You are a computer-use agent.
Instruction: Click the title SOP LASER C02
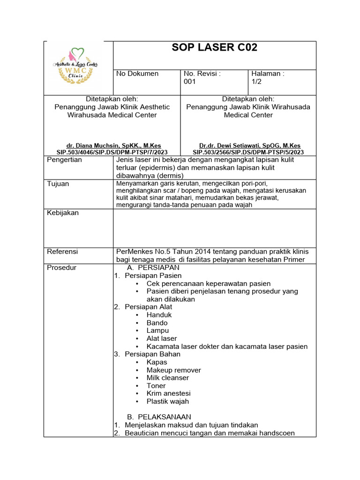point(215,48)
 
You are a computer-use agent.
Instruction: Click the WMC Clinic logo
point(76,67)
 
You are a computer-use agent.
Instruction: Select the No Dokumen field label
point(137,74)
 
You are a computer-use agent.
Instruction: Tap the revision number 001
point(190,82)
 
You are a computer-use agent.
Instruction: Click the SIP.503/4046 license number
point(112,152)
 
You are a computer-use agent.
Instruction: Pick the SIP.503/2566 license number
point(248,152)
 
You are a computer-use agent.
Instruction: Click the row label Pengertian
point(64,160)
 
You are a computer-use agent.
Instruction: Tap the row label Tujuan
point(58,184)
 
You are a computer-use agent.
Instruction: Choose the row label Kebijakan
point(63,213)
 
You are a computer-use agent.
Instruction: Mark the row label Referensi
point(62,252)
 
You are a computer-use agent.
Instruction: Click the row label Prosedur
point(61,268)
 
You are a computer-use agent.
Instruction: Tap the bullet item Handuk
point(159,315)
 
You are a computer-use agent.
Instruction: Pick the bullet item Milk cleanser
point(167,378)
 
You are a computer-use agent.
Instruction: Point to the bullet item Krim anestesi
point(168,393)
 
